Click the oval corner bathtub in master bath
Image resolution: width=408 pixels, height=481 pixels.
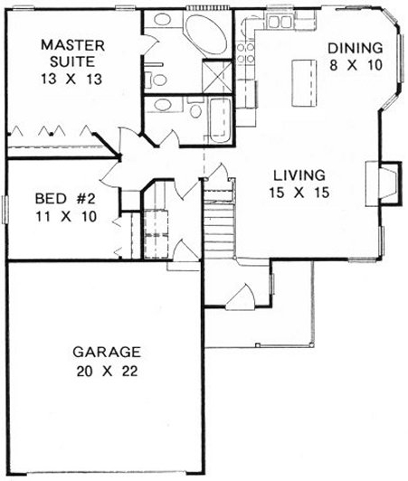pyautogui.click(x=209, y=33)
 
